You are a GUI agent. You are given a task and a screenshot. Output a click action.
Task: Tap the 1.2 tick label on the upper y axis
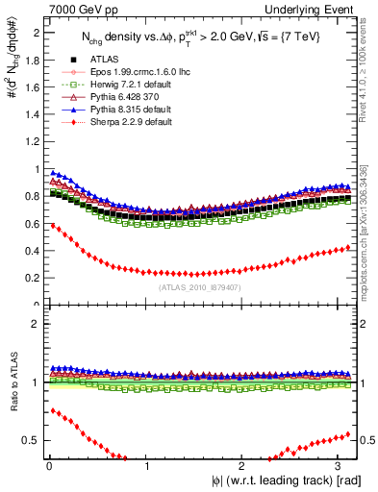coord(34,141)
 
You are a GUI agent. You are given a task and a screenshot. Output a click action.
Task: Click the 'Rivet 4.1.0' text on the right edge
coord(369,58)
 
